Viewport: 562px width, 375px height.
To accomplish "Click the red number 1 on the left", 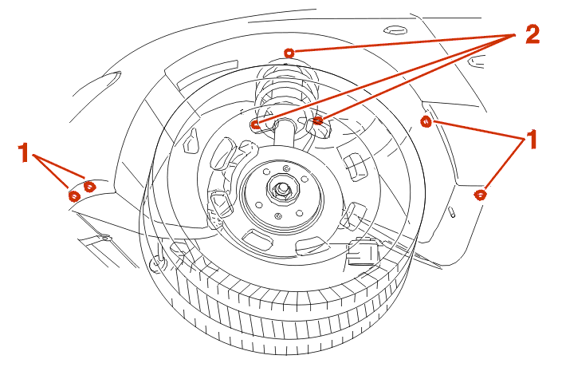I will tap(25, 151).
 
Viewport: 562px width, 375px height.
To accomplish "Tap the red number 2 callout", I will tap(532, 34).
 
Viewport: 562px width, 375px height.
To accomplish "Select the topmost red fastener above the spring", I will tap(289, 52).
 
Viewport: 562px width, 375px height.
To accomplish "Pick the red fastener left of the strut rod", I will tap(255, 124).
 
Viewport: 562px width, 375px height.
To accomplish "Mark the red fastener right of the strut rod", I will tap(317, 120).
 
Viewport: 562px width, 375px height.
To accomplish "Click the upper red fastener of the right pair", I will tap(426, 122).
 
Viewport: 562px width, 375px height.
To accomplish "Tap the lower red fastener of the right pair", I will tap(480, 194).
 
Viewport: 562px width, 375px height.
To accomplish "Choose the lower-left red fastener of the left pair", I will tap(73, 194).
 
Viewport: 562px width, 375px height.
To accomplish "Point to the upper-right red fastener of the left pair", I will tap(89, 186).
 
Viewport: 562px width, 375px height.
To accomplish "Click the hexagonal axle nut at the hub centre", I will tap(282, 190).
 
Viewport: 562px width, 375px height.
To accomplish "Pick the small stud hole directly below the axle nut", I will tap(277, 215).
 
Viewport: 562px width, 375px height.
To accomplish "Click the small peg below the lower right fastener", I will tap(451, 212).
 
